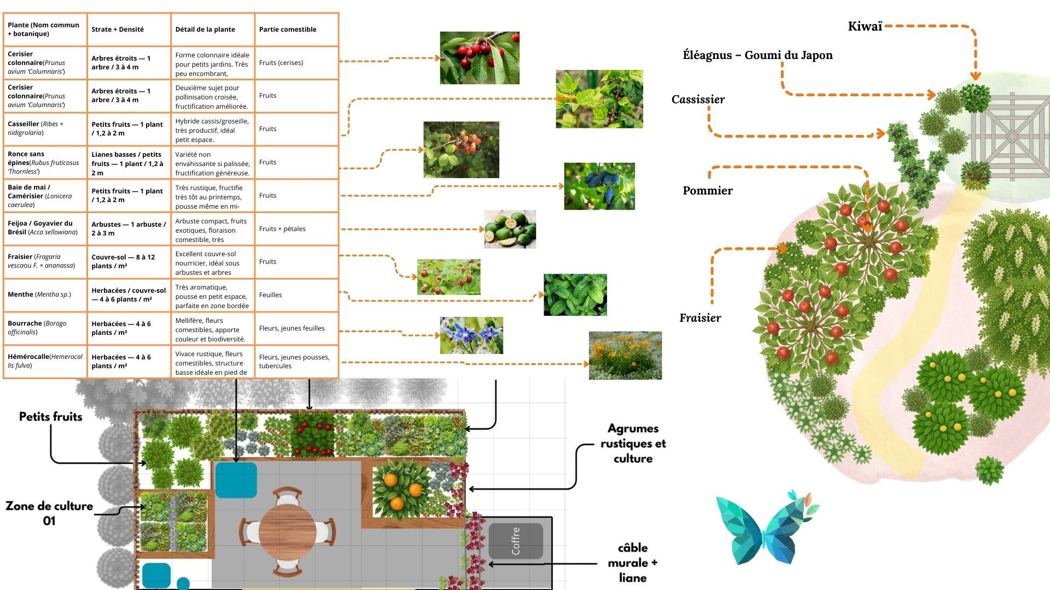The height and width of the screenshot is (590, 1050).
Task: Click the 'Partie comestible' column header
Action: (x=288, y=29)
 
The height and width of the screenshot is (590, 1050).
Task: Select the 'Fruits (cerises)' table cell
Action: (x=281, y=63)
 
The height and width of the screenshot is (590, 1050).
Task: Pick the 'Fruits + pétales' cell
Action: (x=282, y=229)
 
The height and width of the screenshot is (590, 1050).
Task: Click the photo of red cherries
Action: (x=479, y=58)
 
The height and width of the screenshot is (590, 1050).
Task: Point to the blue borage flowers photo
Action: (x=471, y=335)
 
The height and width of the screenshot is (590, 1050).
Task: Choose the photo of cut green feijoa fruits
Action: (x=510, y=229)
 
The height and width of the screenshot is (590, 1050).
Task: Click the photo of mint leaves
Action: (x=575, y=294)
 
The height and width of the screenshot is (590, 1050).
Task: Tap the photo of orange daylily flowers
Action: (x=625, y=355)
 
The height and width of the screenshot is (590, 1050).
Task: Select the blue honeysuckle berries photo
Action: (x=599, y=186)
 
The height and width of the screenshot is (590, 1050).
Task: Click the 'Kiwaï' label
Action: (x=865, y=26)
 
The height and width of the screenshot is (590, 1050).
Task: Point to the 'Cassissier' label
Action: (x=698, y=99)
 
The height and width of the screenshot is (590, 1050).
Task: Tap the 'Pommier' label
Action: (x=707, y=191)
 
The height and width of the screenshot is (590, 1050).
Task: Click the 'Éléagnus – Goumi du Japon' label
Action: (x=757, y=55)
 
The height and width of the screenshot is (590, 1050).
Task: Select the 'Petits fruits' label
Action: (x=50, y=417)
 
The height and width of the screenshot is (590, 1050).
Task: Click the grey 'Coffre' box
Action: (x=515, y=541)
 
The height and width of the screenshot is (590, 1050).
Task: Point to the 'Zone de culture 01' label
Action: (x=49, y=513)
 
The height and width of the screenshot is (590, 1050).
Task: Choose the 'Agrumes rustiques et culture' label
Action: (x=633, y=444)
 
